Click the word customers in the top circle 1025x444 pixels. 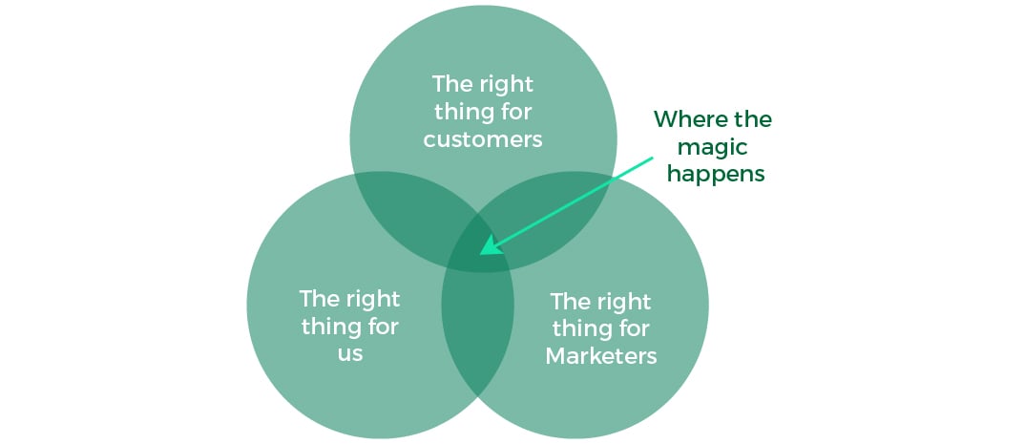pos(483,139)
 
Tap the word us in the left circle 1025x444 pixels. pos(349,352)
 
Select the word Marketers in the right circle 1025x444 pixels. pos(601,356)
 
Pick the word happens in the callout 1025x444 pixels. pos(716,174)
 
